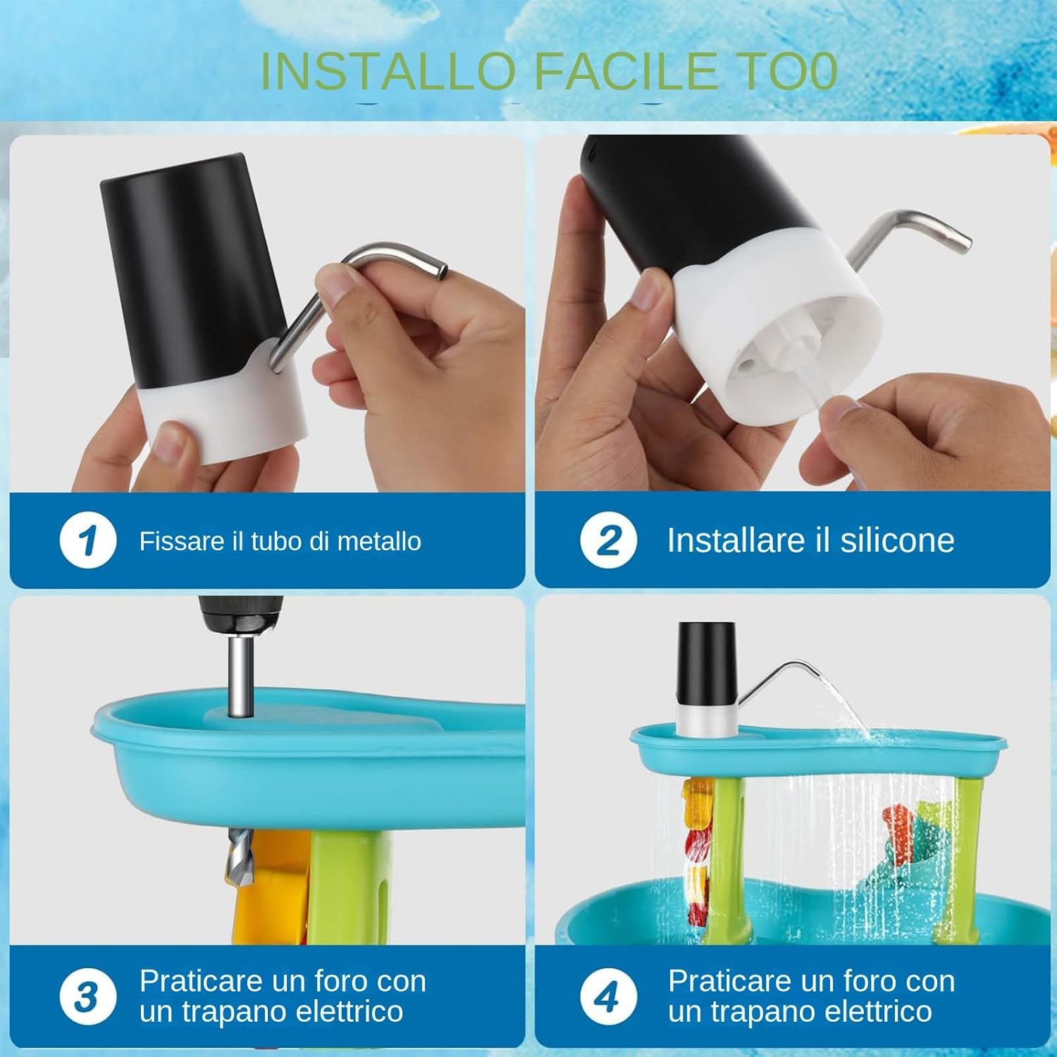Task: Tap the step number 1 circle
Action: [87, 541]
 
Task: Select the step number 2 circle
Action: [608, 541]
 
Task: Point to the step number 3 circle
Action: [87, 996]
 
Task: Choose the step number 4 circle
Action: [608, 996]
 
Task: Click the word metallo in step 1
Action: [379, 541]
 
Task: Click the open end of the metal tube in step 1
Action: [442, 271]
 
